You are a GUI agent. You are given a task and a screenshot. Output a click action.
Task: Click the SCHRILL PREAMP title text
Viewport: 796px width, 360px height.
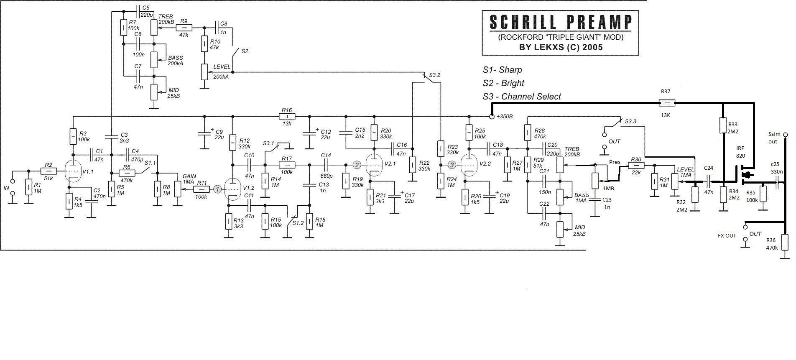560,22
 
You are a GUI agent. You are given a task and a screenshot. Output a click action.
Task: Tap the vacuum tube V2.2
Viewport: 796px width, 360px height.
469,166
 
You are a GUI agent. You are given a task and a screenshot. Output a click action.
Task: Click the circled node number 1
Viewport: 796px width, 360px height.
217,189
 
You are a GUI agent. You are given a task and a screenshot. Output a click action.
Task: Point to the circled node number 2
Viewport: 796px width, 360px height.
357,165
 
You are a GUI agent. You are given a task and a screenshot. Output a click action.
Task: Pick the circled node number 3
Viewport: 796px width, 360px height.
452,165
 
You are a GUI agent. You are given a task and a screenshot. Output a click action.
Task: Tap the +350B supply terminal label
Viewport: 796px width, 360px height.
505,117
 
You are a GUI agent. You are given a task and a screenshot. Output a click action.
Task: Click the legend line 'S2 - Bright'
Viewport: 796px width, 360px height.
503,83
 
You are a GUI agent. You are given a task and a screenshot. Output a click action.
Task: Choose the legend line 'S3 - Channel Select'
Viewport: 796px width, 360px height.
521,97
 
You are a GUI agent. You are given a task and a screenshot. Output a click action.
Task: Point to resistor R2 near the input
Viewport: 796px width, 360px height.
49,171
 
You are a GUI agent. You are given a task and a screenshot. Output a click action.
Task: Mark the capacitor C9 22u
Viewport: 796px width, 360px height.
204,134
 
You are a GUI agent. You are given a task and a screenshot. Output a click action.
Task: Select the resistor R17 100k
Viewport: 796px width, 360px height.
287,165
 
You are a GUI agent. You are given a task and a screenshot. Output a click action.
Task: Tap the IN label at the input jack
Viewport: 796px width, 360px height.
6,188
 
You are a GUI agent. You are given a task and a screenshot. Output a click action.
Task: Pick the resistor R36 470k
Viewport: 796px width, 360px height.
784,241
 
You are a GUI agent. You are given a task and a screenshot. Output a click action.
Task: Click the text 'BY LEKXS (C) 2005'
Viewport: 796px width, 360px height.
561,47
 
